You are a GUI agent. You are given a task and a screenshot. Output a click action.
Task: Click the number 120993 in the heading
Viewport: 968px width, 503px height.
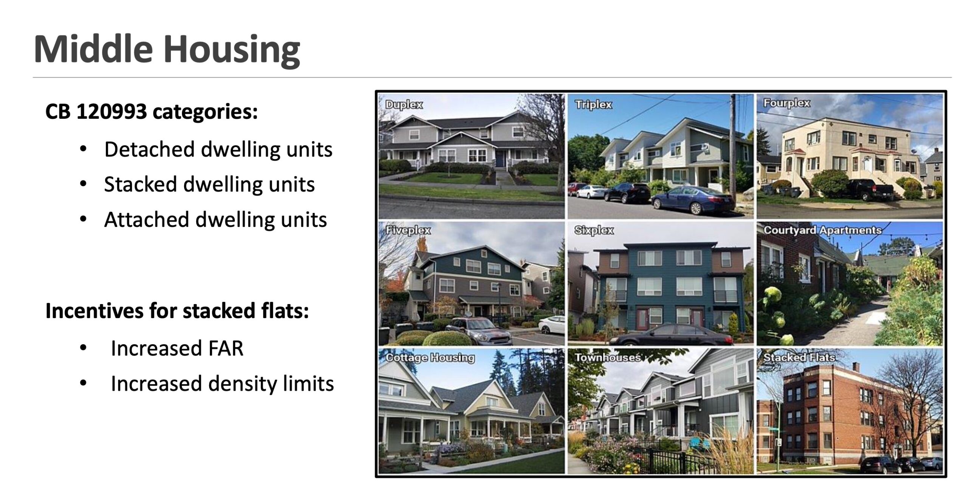[112, 112]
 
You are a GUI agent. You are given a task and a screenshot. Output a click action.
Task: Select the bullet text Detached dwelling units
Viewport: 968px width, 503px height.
[218, 149]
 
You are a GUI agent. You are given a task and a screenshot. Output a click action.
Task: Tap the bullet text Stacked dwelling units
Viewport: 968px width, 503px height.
[209, 185]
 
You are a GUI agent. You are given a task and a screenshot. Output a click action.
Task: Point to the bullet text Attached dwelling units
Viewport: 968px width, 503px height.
[216, 220]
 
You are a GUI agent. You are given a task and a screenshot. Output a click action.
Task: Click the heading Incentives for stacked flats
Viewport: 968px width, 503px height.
[177, 311]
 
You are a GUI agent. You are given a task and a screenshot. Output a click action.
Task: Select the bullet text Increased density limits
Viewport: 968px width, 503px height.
[222, 383]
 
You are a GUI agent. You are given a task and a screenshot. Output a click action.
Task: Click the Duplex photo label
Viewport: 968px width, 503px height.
[404, 105]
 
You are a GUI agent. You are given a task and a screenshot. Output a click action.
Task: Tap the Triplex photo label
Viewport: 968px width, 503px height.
[593, 105]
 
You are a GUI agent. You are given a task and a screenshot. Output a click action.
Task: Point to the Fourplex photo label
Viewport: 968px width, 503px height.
[786, 103]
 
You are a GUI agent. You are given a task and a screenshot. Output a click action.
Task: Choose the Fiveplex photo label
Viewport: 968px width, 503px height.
[408, 230]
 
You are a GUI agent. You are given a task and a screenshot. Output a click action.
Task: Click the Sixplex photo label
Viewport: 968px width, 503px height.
[594, 230]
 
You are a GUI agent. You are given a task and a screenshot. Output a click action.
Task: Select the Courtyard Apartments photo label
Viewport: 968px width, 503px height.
[822, 230]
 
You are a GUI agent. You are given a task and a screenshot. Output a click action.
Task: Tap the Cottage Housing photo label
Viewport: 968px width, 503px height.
[430, 358]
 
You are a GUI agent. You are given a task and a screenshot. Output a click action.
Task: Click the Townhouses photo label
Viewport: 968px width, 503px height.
[608, 358]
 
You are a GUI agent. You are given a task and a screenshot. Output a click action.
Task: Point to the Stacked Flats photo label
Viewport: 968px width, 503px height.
[799, 357]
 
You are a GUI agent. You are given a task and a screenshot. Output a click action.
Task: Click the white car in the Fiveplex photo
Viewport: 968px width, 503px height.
[551, 325]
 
